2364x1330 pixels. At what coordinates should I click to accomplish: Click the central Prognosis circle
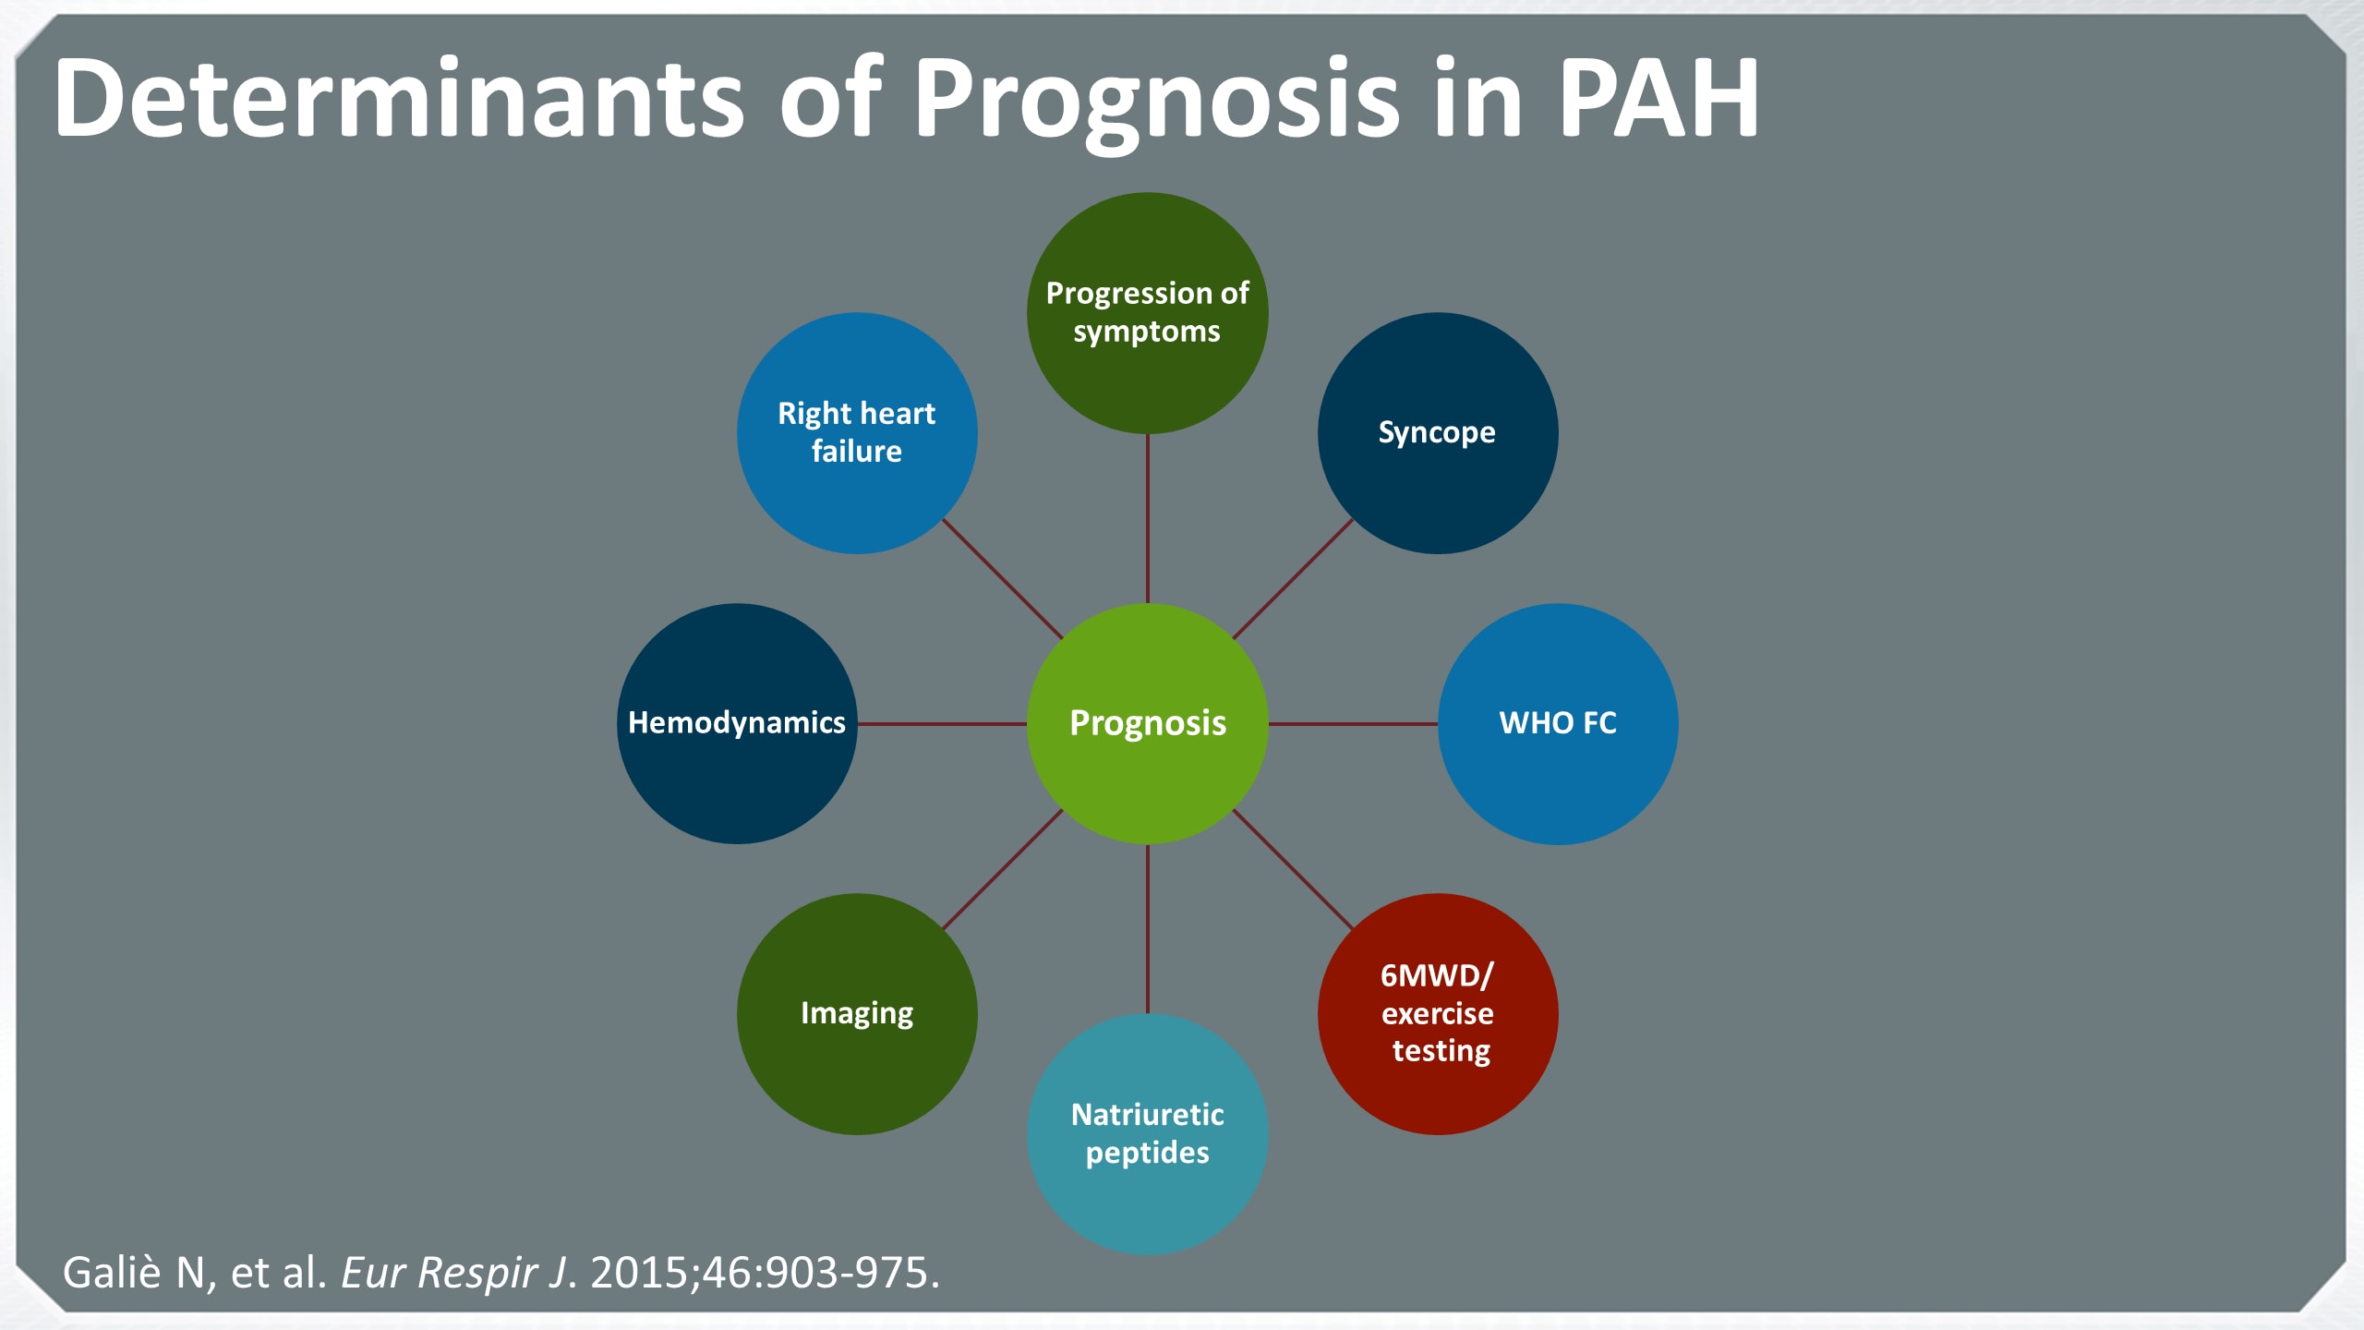tap(1147, 723)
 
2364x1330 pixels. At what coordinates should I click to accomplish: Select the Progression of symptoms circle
tap(1147, 312)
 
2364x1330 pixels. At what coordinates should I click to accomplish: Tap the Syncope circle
tap(1437, 432)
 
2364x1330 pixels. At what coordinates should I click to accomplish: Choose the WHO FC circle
tap(1557, 723)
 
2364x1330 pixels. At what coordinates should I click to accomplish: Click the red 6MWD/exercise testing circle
tap(1437, 1013)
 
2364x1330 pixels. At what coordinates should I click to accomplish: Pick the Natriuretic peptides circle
tap(1147, 1133)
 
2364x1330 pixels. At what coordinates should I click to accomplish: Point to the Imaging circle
tap(856, 1013)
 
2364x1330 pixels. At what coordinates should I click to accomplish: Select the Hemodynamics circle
tap(736, 723)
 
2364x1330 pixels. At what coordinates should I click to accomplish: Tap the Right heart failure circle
tap(856, 432)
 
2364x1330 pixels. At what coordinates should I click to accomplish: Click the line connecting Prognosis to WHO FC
tap(1353, 724)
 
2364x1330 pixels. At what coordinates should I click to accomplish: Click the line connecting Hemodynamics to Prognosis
tap(942, 724)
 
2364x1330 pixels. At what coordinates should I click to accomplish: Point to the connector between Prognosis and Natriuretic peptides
tap(1148, 928)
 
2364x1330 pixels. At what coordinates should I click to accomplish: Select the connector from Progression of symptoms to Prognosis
tap(1148, 517)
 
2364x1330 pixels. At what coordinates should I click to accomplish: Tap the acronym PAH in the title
tap(1658, 98)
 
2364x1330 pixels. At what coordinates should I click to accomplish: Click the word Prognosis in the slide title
tap(1156, 100)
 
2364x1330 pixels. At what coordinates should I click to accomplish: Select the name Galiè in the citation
tap(112, 1273)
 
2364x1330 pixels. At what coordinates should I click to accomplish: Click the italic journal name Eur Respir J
tap(453, 1273)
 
